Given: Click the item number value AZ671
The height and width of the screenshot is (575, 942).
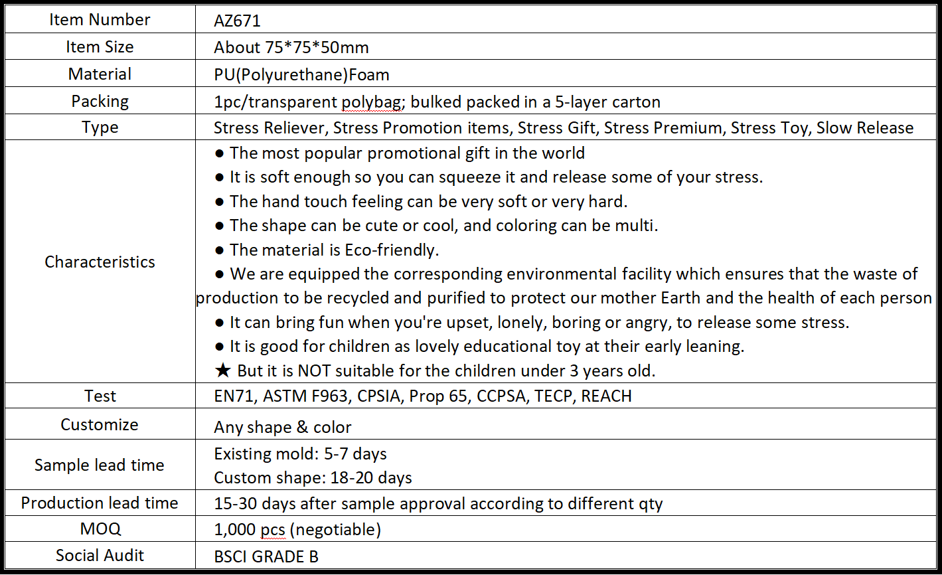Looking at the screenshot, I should click(237, 21).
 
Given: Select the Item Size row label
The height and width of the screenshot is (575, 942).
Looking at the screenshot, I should click(100, 47).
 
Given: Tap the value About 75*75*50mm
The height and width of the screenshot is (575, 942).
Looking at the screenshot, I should click(291, 48).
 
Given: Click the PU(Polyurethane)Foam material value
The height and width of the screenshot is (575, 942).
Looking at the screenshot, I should click(301, 74).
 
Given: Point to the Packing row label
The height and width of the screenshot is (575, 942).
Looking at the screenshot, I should click(100, 102).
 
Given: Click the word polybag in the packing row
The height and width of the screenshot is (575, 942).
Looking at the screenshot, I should click(368, 102).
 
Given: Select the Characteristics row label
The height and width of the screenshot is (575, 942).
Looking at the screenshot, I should click(100, 262).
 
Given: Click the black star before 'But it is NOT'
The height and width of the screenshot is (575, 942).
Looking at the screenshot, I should click(223, 370).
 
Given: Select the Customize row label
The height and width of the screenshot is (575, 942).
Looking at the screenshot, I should click(100, 425).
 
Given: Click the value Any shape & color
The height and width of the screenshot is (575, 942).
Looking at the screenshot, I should click(282, 427).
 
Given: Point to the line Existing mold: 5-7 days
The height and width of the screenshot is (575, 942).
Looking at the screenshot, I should click(300, 454).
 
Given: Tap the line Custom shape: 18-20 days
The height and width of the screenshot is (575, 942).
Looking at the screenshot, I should click(313, 477).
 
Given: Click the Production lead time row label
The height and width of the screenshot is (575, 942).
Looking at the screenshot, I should click(100, 503).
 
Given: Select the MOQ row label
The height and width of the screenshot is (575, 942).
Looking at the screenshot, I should click(100, 529).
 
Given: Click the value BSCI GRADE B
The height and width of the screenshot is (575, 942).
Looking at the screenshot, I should click(266, 556).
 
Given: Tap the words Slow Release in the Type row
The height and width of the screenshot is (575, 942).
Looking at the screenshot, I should click(864, 127).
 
